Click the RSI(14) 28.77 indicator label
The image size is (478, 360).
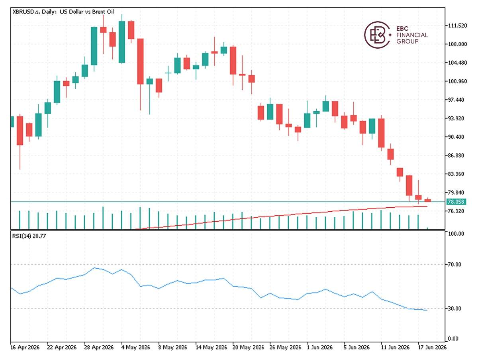tap(29, 236)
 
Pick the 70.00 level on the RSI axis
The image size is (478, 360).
tap(454, 265)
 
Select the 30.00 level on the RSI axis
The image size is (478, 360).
tap(454, 309)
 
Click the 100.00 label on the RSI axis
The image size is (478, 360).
tap(455, 234)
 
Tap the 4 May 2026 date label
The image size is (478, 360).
tap(136, 347)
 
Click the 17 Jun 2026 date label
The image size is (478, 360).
tap(432, 347)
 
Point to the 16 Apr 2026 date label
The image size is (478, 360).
tap(25, 347)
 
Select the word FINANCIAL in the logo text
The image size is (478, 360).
tap(412, 35)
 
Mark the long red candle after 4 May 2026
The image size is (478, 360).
tap(141, 61)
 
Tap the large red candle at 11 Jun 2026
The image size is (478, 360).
tap(381, 133)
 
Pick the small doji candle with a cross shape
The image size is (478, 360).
tap(168, 73)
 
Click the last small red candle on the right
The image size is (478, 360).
tap(428, 200)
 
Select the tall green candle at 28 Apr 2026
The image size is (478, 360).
tap(94, 46)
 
